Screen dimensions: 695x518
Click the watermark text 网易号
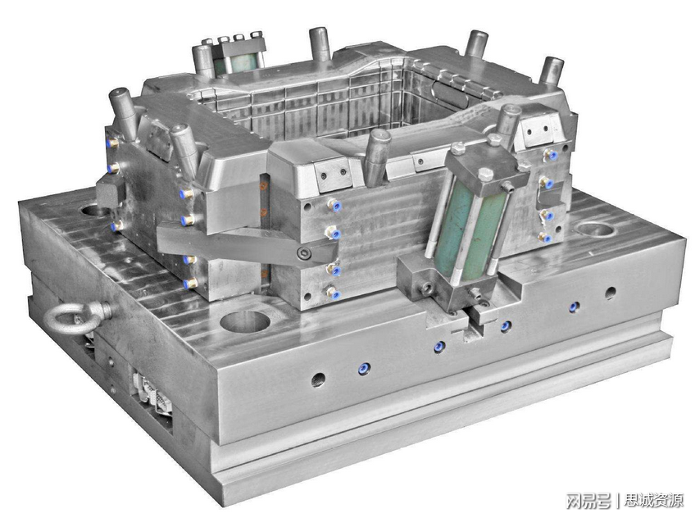point(588,501)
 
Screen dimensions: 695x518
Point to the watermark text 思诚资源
point(654,500)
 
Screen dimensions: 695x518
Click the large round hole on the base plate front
point(245,321)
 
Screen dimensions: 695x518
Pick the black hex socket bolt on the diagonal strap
point(304,254)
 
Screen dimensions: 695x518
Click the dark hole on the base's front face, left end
point(318,379)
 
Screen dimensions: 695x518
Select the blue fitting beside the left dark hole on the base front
point(364,368)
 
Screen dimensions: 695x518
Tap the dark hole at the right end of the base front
point(611,293)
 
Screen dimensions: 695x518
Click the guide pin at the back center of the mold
point(319,43)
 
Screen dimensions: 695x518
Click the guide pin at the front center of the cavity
point(377,157)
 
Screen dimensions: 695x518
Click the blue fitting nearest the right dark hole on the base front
point(574,307)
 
